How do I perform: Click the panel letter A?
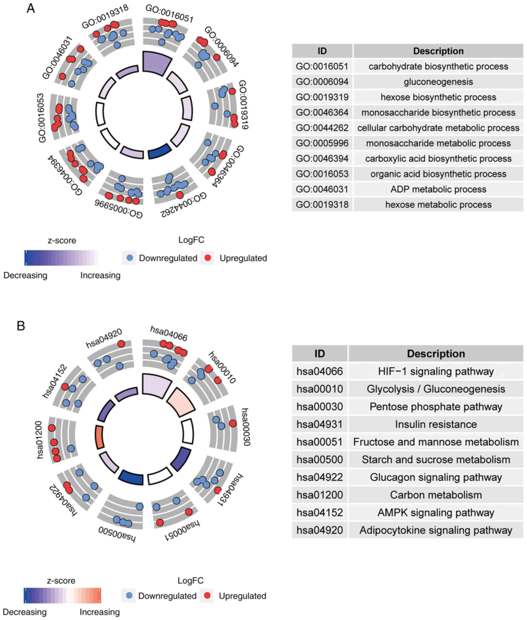pyautogui.click(x=31, y=8)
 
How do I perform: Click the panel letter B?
pyautogui.click(x=21, y=326)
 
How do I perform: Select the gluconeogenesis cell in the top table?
pyautogui.click(x=438, y=81)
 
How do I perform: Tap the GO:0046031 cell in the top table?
pyautogui.click(x=322, y=189)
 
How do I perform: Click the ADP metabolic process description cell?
pyautogui.click(x=438, y=189)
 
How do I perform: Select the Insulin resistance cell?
pyautogui.click(x=436, y=424)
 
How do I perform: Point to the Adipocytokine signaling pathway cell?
pyautogui.click(x=436, y=530)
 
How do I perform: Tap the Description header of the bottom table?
pyautogui.click(x=436, y=354)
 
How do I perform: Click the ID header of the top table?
pyautogui.click(x=322, y=51)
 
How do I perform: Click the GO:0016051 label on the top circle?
pyautogui.click(x=169, y=13)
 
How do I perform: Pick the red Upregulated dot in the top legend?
pyautogui.click(x=208, y=258)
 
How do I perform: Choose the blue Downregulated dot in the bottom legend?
pyautogui.click(x=129, y=596)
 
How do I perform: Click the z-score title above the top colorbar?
pyautogui.click(x=62, y=240)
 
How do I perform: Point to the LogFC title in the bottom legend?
pyautogui.click(x=190, y=581)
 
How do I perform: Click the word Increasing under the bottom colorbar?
pyautogui.click(x=100, y=612)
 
